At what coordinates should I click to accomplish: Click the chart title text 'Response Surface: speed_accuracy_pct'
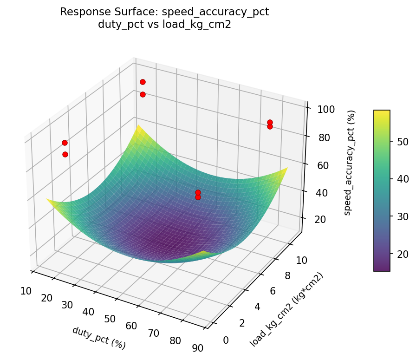coord(164,13)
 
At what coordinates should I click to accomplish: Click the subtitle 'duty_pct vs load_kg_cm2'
coord(164,25)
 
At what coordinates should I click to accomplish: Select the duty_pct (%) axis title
coord(99,338)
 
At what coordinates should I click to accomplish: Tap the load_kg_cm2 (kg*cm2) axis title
coord(286,310)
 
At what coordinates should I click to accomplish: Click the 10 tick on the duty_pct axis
coord(26,291)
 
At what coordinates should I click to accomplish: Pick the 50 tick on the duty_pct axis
coord(110,319)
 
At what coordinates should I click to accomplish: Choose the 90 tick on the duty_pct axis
coord(197,348)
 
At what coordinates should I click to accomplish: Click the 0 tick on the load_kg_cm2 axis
coord(226,340)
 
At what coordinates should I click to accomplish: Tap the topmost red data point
coord(143,82)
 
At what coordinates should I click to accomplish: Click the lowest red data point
coord(198,197)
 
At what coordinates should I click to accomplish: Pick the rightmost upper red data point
coord(270,123)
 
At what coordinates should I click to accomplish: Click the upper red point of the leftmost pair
coord(65,143)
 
